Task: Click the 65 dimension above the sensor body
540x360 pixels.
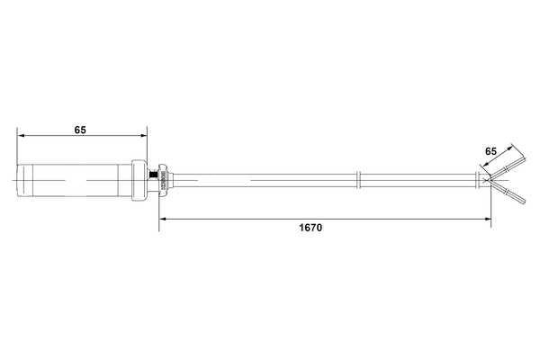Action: (x=80, y=130)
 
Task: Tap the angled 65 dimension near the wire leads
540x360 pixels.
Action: (x=490, y=151)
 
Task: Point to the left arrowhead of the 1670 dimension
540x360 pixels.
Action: (x=164, y=218)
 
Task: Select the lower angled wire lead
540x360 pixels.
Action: (x=508, y=192)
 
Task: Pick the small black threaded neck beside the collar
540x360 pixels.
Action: (x=152, y=179)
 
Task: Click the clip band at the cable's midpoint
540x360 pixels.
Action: (x=359, y=179)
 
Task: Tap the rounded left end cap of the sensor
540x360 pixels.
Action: (x=19, y=180)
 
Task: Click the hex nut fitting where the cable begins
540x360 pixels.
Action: (x=163, y=179)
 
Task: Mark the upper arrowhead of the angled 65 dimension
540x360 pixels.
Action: (x=514, y=145)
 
